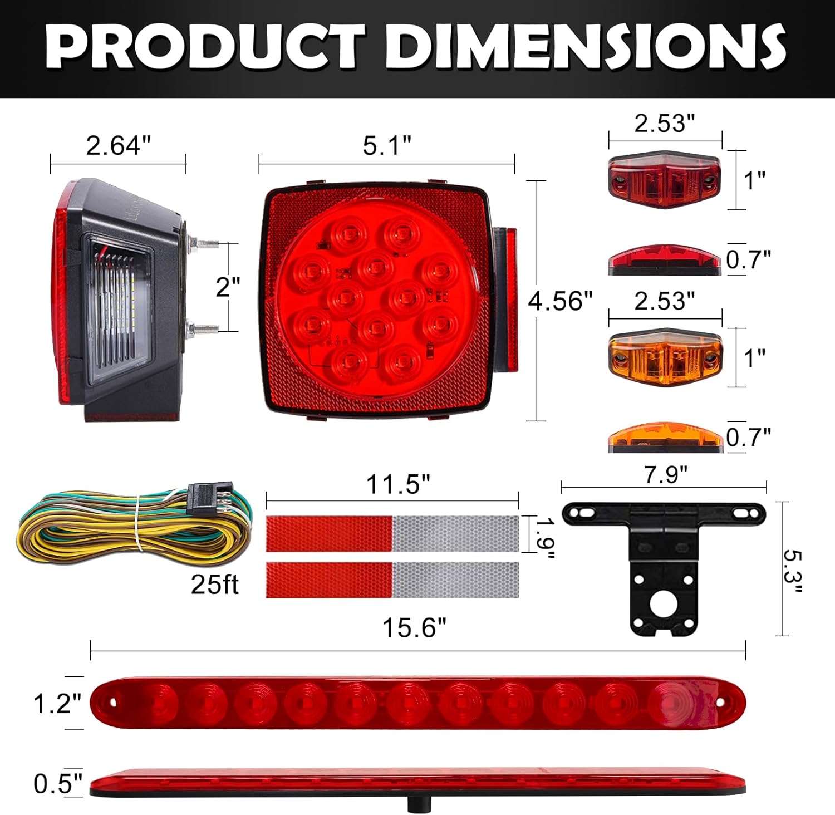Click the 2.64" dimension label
(118, 146)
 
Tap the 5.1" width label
(387, 146)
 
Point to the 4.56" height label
(560, 301)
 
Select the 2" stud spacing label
(228, 287)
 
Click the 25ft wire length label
(214, 584)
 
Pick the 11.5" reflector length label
(398, 485)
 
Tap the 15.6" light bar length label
(414, 629)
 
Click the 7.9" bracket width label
(665, 475)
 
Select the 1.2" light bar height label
(57, 704)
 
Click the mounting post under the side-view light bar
(415, 804)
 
